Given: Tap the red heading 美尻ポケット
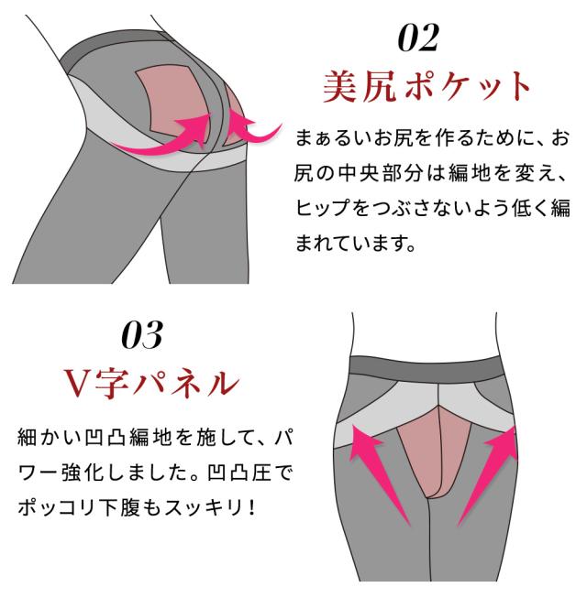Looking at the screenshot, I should tap(427, 88).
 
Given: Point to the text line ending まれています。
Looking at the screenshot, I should tap(357, 243).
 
